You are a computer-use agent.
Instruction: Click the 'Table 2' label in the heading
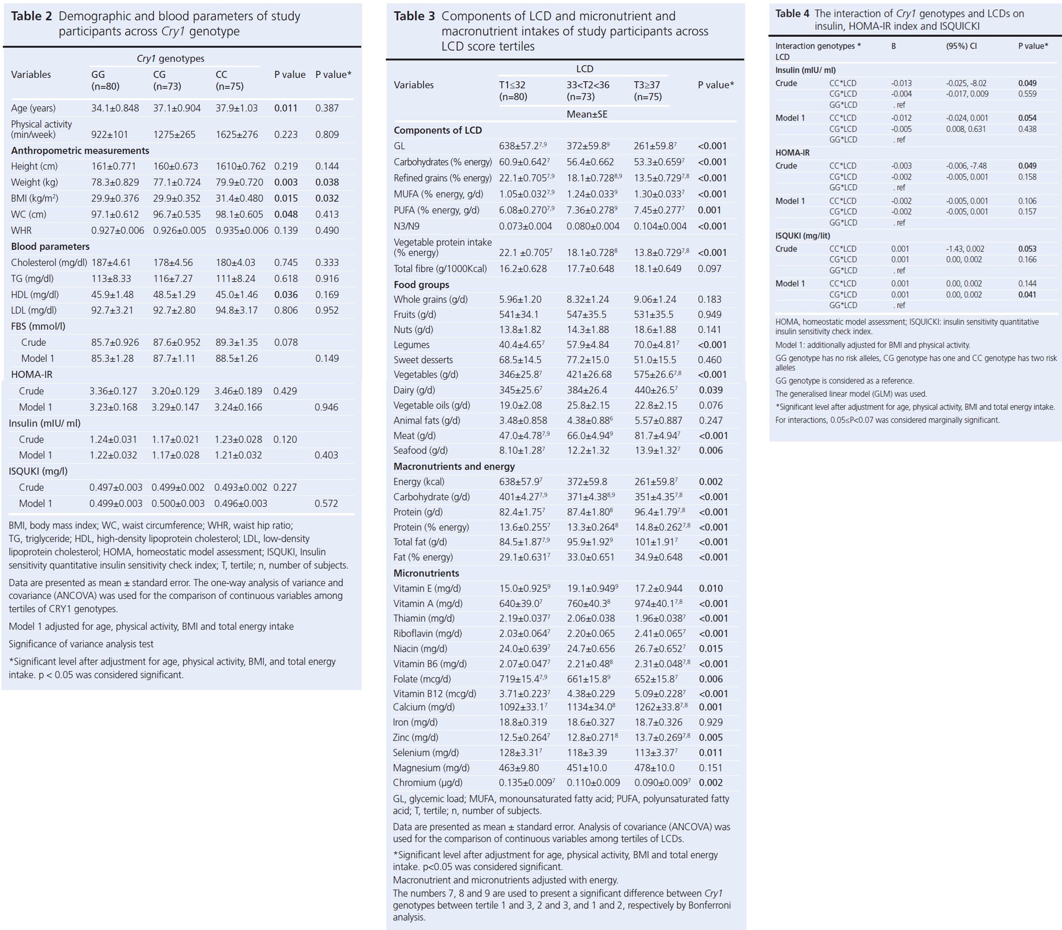(31, 16)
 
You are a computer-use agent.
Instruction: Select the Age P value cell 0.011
(285, 108)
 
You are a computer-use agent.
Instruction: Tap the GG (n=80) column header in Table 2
(105, 80)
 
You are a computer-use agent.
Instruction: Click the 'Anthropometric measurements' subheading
(80, 151)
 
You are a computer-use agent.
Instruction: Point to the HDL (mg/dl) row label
(35, 294)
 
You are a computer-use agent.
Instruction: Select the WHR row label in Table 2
(21, 230)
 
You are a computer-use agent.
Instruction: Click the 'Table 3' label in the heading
(414, 16)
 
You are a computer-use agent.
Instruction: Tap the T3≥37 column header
(648, 90)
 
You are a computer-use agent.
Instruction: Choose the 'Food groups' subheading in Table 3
(421, 284)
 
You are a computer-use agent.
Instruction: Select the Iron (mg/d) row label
(415, 722)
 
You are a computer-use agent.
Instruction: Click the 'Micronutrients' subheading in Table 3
(426, 573)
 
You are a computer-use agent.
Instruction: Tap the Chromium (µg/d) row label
(427, 783)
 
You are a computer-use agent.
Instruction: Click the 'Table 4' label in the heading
(792, 14)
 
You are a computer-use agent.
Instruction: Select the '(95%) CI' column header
(961, 46)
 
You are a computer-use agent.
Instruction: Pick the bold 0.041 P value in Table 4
(1027, 294)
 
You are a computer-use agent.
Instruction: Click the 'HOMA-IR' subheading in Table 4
(792, 153)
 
